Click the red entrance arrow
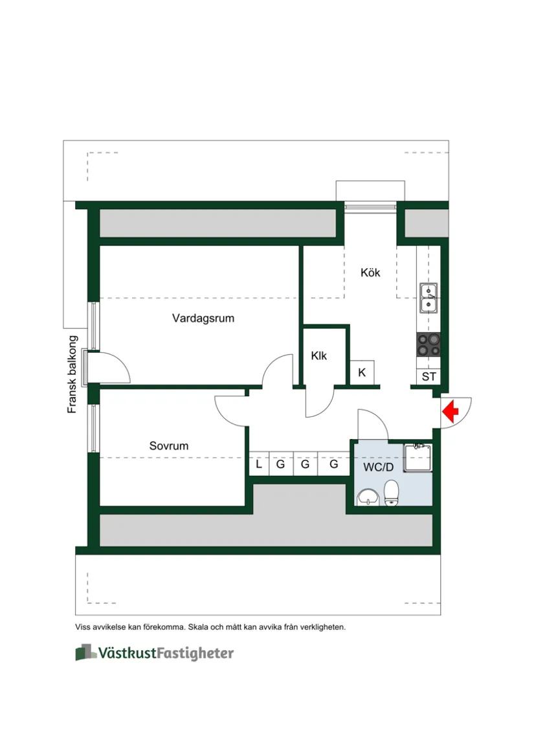point(451,411)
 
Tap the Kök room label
point(370,273)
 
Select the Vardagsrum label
point(203,319)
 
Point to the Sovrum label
point(169,446)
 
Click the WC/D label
point(378,467)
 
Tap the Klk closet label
point(319,356)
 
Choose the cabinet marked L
point(259,464)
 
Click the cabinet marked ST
point(428,376)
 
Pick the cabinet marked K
point(362,373)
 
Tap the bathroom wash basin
point(368,497)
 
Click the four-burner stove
point(428,344)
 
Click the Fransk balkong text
point(73,374)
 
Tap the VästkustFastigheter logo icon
point(85,652)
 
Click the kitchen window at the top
point(370,206)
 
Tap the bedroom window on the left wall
point(95,428)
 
